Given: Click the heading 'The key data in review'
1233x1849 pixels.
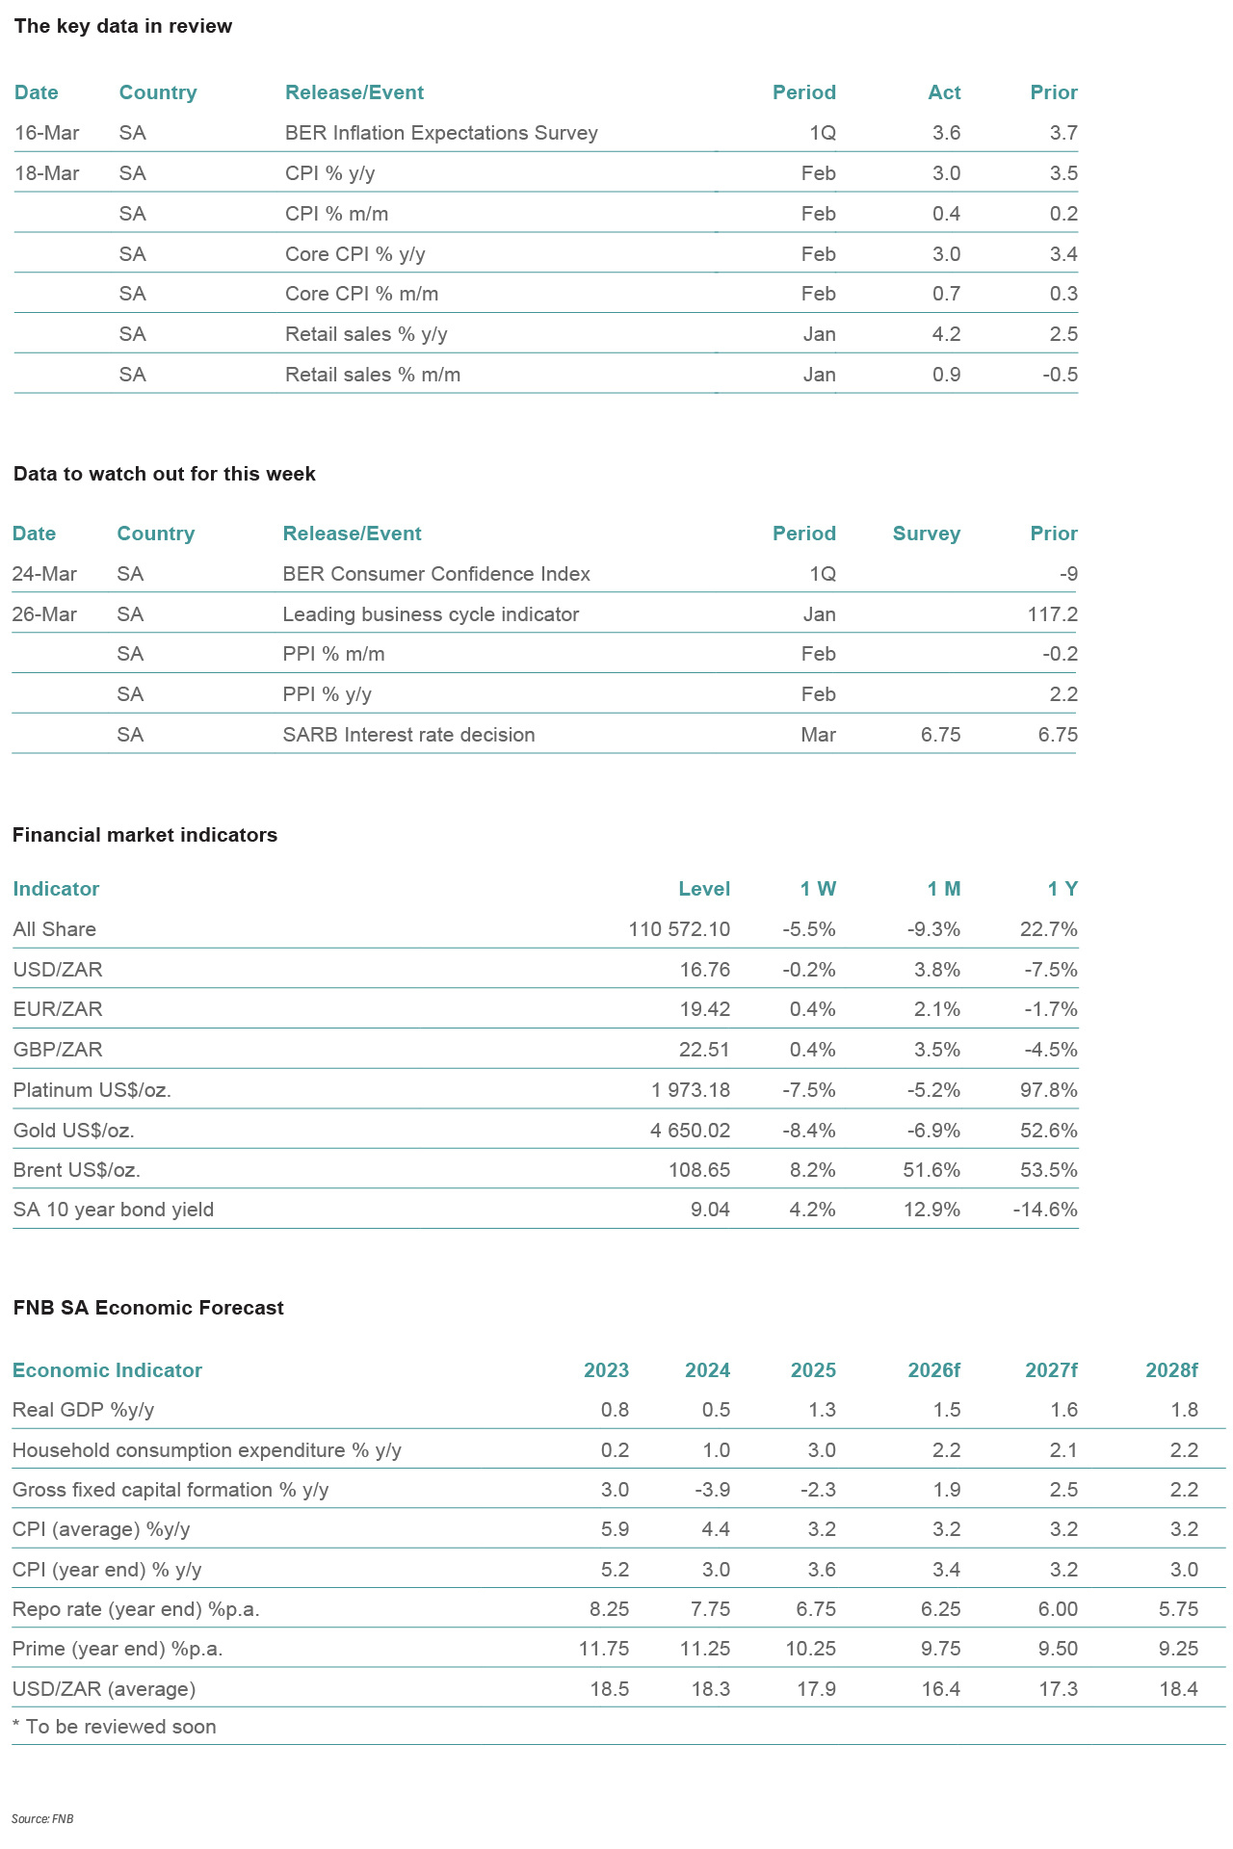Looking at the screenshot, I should [x=122, y=26].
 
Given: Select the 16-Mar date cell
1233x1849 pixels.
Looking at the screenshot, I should [x=47, y=133].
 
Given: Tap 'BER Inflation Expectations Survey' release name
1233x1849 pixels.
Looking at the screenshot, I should [x=441, y=133].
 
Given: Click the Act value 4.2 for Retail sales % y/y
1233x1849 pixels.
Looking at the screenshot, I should [x=946, y=334].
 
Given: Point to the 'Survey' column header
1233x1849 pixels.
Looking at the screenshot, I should [x=926, y=534].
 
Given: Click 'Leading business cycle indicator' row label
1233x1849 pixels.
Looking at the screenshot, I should [x=431, y=614].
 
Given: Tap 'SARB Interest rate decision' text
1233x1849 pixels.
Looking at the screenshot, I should [x=408, y=735].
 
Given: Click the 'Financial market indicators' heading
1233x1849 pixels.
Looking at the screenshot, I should [x=144, y=835].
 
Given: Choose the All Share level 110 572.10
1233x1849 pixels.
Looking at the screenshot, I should [x=679, y=929].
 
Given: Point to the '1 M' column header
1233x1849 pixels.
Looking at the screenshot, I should [x=943, y=889].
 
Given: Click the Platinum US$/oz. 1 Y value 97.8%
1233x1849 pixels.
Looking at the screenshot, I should [x=1048, y=1090].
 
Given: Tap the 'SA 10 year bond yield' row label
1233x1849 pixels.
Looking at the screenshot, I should [x=113, y=1210].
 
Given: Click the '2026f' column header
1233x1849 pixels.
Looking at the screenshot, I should [x=933, y=1370].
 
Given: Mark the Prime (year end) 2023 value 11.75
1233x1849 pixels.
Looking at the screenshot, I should [x=603, y=1649].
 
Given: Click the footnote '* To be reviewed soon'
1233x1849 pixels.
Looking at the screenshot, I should [x=114, y=1727].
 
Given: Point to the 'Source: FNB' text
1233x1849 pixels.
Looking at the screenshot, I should [x=42, y=1819].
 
